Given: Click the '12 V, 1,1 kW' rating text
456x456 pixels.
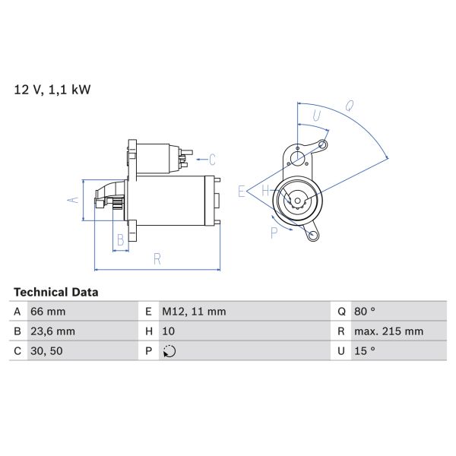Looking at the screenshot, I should (x=52, y=90).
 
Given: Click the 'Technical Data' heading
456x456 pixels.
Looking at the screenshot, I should (x=56, y=292).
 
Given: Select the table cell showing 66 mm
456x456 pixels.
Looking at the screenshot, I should (x=47, y=312).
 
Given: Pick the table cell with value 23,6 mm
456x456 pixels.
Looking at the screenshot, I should (x=52, y=331).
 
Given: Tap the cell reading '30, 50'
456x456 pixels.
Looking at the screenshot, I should (x=47, y=351).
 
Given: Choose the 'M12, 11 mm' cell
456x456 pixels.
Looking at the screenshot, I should (x=193, y=312).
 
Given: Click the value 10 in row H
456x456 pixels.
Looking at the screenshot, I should (x=169, y=331).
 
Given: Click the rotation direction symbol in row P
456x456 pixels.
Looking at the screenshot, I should (x=169, y=351).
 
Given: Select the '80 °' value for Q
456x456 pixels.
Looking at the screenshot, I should (x=366, y=312).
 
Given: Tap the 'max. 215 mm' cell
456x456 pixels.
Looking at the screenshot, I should (x=389, y=331).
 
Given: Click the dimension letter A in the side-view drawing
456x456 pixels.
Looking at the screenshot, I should (x=73, y=200).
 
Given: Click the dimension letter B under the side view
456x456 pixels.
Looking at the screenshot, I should (x=119, y=241).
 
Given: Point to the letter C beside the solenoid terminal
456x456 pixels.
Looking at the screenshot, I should (x=212, y=160).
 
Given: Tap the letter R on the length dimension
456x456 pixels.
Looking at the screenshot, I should (x=157, y=258).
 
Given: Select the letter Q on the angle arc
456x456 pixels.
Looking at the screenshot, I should (x=350, y=106).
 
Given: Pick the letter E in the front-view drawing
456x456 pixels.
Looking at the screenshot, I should (x=241, y=192).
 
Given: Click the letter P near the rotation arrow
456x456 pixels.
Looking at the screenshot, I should (x=274, y=233).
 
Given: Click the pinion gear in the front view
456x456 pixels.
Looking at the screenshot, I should (x=296, y=201).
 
